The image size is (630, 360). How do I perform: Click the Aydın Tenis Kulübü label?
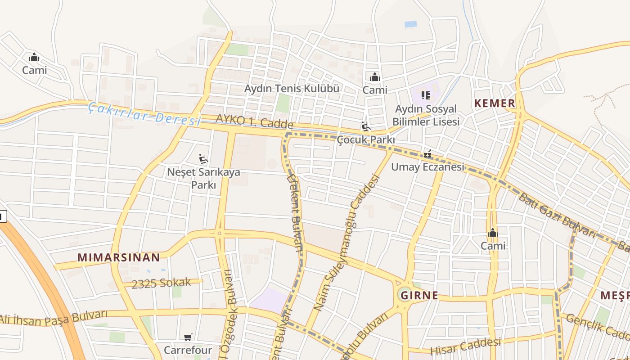pos(292,88)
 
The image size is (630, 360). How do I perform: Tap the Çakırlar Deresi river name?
pos(144,114)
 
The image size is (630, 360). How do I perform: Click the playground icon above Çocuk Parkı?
pos(366,127)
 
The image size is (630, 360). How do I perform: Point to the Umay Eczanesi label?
pos(427,167)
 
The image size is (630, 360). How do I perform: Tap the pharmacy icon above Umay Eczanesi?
pos(427,154)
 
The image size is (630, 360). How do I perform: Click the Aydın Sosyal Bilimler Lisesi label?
pos(426,115)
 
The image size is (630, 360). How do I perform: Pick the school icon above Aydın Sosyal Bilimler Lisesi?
pos(426,95)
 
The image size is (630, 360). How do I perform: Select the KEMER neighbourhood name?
pos(494,103)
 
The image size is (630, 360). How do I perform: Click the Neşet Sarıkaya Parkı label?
pos(204,178)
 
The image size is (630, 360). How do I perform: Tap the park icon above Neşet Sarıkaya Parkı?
pos(203,158)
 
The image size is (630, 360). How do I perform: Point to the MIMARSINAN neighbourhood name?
pos(119,257)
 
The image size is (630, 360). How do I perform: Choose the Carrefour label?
pos(188,350)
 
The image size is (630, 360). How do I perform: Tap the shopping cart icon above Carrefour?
pos(188,337)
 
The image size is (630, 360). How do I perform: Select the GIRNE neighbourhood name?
pos(419,295)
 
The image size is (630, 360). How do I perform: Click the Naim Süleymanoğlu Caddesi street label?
pos(347,243)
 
